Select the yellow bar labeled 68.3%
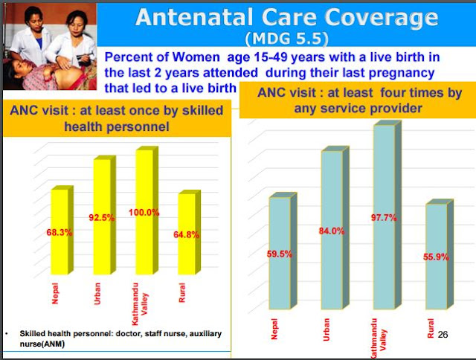point(62,230)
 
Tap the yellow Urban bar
point(104,215)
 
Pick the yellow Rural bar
point(189,232)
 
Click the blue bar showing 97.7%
point(387,215)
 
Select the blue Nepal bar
point(283,251)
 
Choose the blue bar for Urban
point(335,228)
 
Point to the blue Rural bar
point(440,254)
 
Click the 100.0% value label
point(144,213)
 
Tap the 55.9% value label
point(436,257)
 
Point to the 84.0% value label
point(332,231)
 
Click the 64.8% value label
point(187,234)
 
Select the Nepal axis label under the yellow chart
point(55,294)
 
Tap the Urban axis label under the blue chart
point(327,330)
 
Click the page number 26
point(443,335)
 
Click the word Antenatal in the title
point(194,17)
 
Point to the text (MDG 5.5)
point(287,39)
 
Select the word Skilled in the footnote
point(31,333)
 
